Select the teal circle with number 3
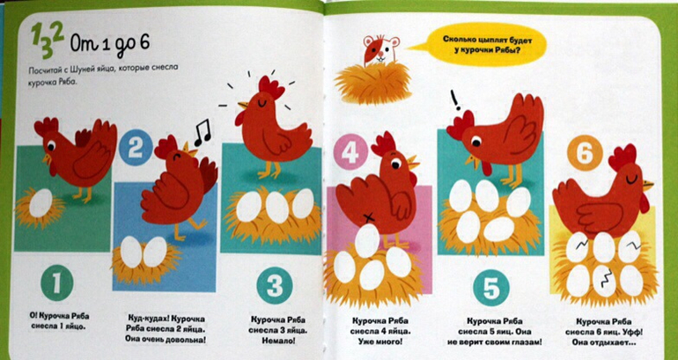pos(274,285)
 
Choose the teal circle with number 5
pos(490,288)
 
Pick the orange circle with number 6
pos(585,152)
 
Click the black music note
pos(203,133)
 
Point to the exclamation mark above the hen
pos(455,99)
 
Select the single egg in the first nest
pos(41,202)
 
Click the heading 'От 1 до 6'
pos(109,44)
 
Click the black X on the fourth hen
pos(368,217)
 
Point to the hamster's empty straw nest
pos(372,82)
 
